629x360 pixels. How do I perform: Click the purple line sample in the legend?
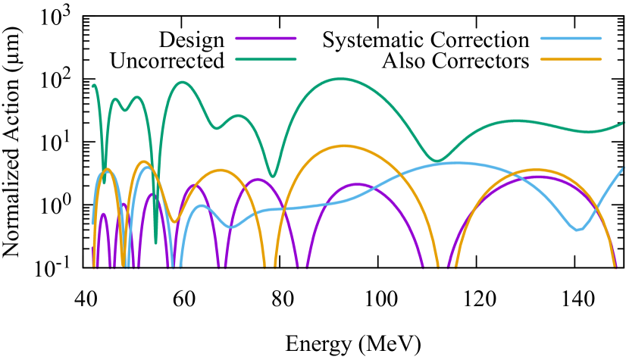click(265, 38)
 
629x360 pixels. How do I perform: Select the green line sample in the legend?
click(265, 59)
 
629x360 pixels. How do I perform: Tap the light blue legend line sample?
click(571, 38)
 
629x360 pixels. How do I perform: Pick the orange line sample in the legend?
click(571, 59)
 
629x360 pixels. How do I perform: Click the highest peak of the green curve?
click(340, 79)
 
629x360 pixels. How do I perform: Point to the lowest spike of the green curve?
click(155, 243)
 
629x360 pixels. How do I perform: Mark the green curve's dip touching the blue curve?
click(437, 161)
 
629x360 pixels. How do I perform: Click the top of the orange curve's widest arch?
click(345, 146)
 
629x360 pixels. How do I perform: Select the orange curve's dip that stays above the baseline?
click(174, 221)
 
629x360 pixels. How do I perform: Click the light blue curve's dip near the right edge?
click(577, 230)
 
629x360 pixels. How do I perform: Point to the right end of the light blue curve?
click(623, 168)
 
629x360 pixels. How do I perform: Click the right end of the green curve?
click(623, 123)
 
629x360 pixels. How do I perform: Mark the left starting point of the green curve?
click(93, 86)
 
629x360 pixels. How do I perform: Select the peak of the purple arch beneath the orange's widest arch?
click(356, 184)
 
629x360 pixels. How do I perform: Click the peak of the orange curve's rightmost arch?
click(537, 170)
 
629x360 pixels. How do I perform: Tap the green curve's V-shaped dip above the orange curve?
click(273, 176)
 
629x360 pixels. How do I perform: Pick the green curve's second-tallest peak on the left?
click(181, 83)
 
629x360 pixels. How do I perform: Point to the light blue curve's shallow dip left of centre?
click(231, 227)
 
